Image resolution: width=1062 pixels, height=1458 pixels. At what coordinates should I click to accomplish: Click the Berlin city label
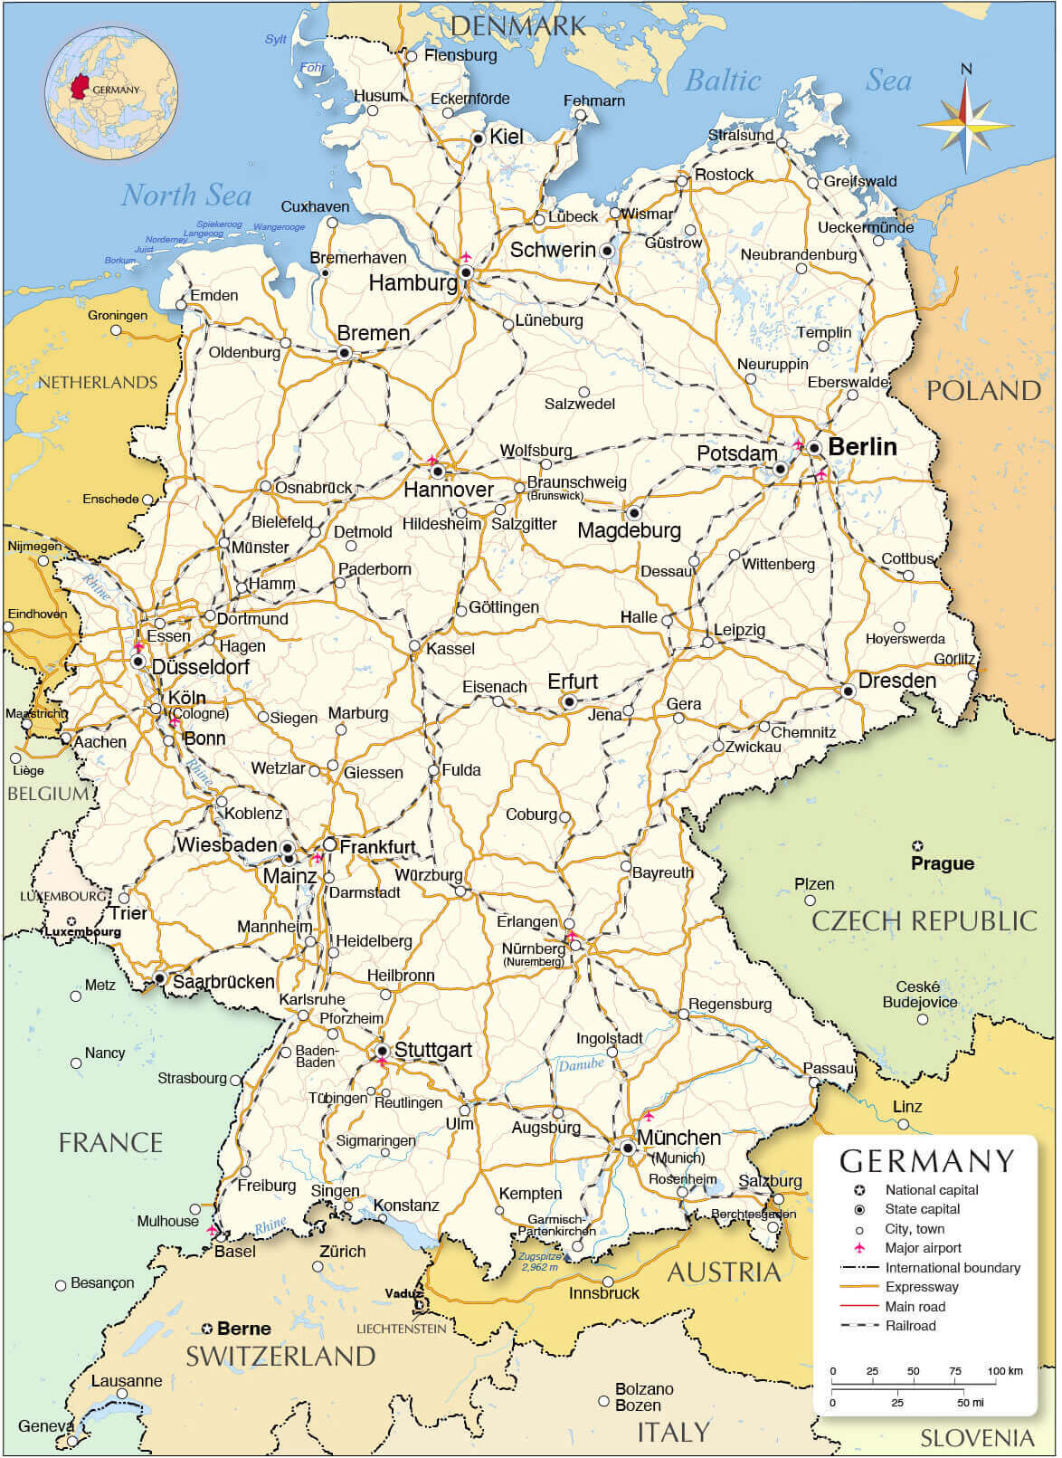pos(862,446)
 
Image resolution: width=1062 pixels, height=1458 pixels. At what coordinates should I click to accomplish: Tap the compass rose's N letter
pos(966,69)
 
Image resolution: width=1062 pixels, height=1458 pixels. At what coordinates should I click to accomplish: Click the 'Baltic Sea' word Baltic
pos(722,81)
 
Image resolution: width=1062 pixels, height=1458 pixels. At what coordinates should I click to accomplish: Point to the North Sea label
pos(186,195)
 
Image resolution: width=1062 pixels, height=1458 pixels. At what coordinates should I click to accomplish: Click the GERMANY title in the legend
pos(926,1161)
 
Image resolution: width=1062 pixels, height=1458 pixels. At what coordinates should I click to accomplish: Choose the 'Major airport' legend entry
pos(923,1248)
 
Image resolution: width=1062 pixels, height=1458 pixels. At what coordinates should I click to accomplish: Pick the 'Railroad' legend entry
pos(910,1326)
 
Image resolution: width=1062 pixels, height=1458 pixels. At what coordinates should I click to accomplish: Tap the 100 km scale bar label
pos(1004,1371)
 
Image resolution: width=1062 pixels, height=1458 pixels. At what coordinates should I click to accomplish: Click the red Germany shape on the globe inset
pos(81,87)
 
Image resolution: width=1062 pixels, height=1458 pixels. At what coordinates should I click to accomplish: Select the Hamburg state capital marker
pos(466,272)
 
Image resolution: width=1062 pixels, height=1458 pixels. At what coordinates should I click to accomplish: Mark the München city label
pos(678,1138)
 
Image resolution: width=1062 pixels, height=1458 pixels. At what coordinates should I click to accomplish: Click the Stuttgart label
pos(432,1050)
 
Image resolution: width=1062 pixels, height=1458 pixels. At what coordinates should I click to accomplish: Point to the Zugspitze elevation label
pos(540,1261)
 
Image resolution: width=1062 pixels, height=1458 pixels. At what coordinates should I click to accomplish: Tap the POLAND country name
pos(983,391)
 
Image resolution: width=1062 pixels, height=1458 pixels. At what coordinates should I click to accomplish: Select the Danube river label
pos(581,1064)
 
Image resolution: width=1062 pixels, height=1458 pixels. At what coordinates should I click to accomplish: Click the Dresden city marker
pos(849,691)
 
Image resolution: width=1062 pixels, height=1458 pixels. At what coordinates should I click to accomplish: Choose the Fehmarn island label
pos(593,100)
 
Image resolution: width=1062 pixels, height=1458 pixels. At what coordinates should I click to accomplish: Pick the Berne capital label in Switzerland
pos(243,1329)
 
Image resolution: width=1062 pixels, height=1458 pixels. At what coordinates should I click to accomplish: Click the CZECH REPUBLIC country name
pos(924,920)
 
